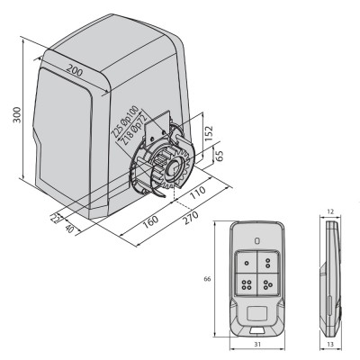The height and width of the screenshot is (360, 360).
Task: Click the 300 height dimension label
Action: tap(17, 114)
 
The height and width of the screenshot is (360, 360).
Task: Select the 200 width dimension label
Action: tap(74, 71)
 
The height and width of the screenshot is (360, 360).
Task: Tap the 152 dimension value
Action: tap(209, 133)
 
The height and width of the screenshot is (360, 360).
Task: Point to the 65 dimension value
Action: tap(220, 156)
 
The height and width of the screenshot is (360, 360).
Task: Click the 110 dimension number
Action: tap(198, 193)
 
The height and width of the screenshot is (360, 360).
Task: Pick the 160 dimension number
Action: tap(150, 221)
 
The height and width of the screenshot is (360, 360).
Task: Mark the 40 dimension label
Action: tap(69, 229)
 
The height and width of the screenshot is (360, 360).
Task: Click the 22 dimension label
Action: tap(56, 217)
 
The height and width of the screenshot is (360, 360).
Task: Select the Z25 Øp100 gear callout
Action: tap(124, 121)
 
